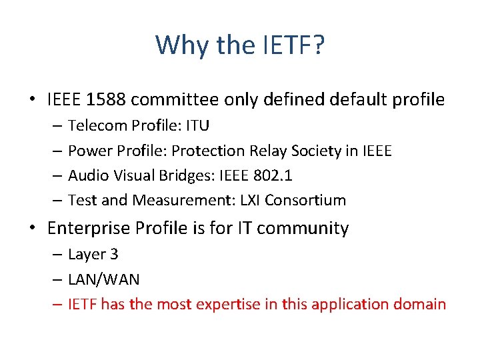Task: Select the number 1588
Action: tap(105, 100)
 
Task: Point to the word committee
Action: tap(174, 100)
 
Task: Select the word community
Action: tap(303, 229)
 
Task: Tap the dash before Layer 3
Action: tap(57, 255)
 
